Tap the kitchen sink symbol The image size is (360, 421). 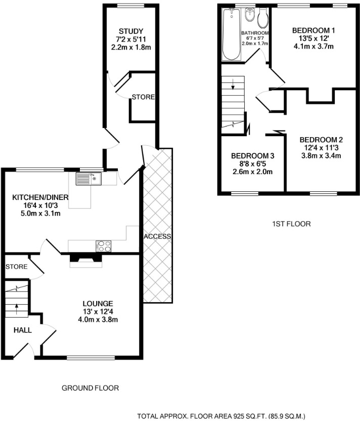coord(87,179)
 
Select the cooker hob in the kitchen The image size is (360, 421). coord(104,246)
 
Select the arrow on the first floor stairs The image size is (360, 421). coord(233,87)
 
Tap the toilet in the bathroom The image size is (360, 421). coord(263,19)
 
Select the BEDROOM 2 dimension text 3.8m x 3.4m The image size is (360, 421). coord(320,156)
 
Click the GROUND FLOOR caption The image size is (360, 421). coord(90,388)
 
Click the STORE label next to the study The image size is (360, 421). coord(143,97)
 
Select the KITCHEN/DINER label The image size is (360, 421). coord(40,197)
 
